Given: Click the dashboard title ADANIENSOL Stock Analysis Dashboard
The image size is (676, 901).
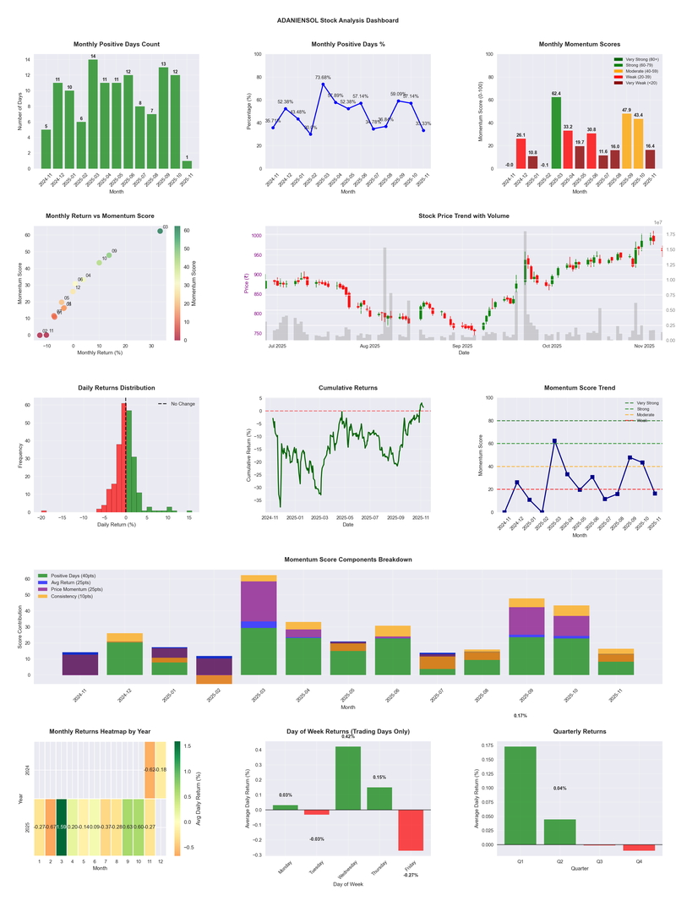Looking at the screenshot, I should [x=337, y=20].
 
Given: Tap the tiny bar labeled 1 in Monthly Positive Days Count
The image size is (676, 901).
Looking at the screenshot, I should [x=187, y=164].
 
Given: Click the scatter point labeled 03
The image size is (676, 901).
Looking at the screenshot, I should [x=160, y=231].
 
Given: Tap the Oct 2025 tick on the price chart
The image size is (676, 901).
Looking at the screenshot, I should [x=552, y=346].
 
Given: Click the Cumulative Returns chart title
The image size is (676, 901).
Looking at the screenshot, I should [x=348, y=388].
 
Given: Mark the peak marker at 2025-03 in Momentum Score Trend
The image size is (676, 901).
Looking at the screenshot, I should [x=554, y=440].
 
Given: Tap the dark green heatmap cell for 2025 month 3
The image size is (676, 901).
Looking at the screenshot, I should [x=62, y=826].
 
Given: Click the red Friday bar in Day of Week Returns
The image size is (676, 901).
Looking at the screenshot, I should [x=411, y=829].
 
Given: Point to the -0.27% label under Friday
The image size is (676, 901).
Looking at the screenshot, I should [x=411, y=875].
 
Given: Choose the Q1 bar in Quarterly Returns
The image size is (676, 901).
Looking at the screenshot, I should [x=521, y=795].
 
